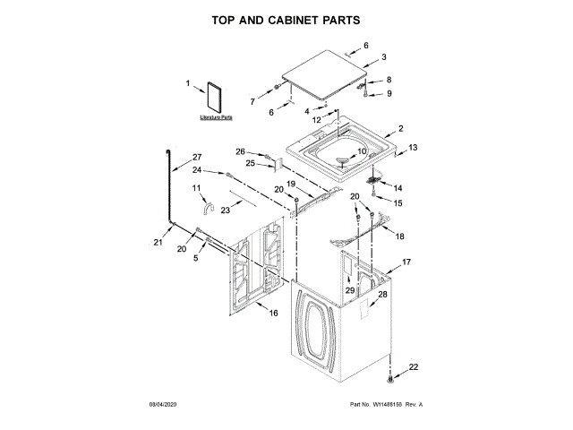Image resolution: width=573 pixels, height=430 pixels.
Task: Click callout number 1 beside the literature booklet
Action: click(188, 84)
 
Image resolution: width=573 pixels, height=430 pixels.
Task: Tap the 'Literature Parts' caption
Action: click(215, 117)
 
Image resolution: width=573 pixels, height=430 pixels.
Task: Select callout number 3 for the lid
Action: click(383, 57)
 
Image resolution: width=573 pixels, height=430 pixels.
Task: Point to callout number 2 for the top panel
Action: click(400, 128)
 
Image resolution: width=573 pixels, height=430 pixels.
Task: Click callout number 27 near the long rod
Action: click(198, 158)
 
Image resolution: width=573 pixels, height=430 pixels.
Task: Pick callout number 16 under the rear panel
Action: click(274, 313)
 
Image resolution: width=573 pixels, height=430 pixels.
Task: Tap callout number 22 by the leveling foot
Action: click(413, 368)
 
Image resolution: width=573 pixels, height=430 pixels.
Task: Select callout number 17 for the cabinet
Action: click(406, 262)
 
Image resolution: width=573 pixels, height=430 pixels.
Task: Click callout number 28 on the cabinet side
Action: click(382, 294)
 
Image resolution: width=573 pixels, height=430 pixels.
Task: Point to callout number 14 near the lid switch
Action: click(398, 188)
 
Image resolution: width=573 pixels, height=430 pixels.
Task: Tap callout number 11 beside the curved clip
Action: click(197, 188)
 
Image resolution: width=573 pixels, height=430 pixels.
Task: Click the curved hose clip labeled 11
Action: click(207, 209)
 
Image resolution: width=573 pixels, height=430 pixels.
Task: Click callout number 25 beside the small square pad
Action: click(251, 164)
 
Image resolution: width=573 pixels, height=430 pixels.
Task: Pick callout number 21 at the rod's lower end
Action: click(158, 243)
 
